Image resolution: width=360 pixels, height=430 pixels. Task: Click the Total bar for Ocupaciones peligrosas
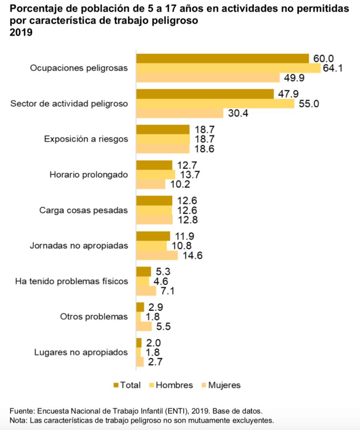tap(222, 58)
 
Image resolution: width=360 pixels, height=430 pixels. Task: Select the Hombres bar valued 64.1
tap(229, 68)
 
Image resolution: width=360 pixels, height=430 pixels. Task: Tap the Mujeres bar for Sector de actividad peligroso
tap(180, 113)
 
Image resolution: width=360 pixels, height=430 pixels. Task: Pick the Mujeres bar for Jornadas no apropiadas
tap(157, 255)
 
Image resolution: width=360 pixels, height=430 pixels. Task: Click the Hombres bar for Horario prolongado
tap(156, 174)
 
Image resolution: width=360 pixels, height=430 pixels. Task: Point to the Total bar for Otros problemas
tap(140, 307)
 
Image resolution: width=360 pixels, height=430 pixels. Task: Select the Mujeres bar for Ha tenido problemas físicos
tap(146, 291)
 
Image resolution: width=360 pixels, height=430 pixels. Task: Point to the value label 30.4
tap(237, 113)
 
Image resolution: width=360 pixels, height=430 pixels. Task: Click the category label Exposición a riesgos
tap(86, 139)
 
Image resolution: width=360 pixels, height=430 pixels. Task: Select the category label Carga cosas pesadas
tap(83, 210)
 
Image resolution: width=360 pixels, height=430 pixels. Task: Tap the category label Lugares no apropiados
tap(81, 352)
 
